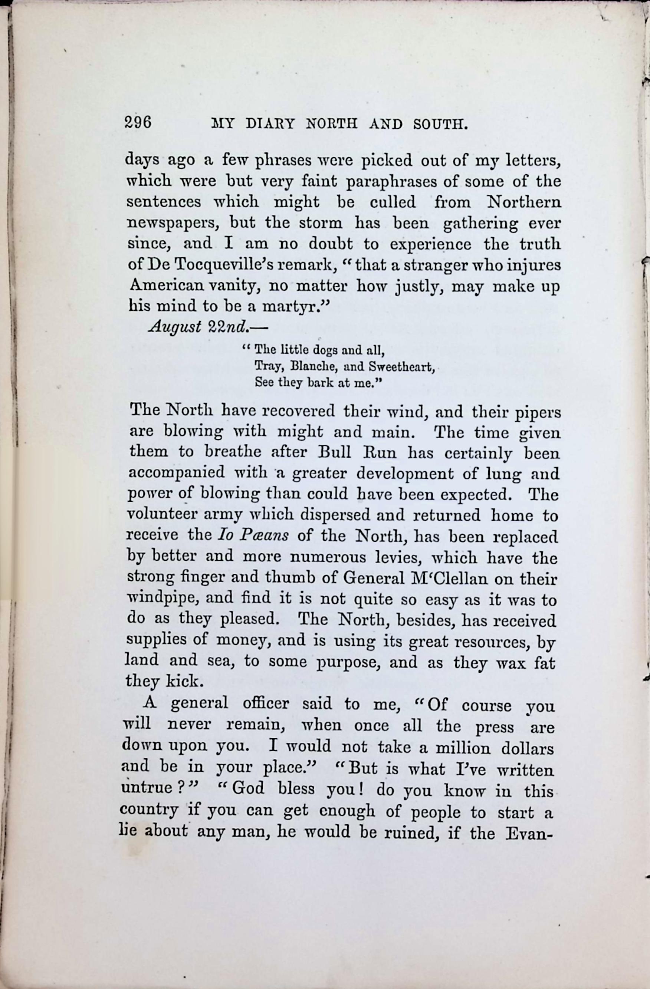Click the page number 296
click(138, 123)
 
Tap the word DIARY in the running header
click(270, 124)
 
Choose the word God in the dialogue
click(248, 788)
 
